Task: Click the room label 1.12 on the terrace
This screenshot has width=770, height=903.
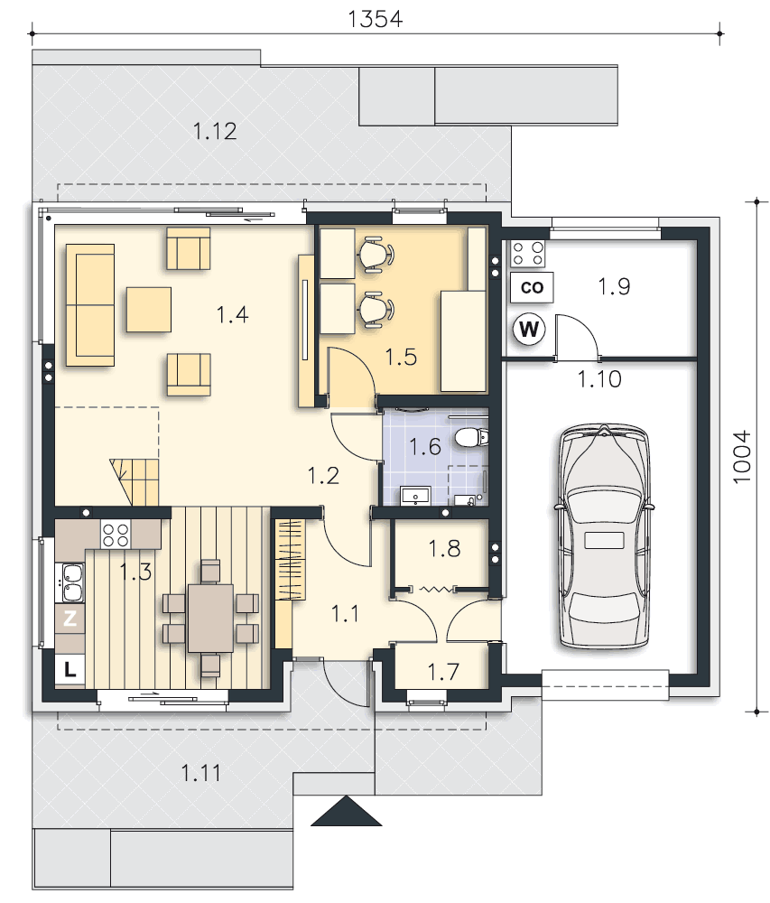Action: pyautogui.click(x=215, y=131)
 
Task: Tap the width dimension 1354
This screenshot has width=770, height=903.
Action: pyautogui.click(x=376, y=19)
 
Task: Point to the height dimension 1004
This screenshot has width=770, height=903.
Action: pyautogui.click(x=742, y=457)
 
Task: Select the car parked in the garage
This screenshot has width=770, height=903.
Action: pyautogui.click(x=604, y=535)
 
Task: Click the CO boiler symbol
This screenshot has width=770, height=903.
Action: pyautogui.click(x=532, y=287)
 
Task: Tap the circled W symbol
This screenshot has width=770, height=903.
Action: pyautogui.click(x=529, y=330)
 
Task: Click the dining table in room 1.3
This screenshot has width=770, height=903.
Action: pyautogui.click(x=210, y=618)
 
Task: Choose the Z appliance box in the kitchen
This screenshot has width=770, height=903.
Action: pyautogui.click(x=70, y=619)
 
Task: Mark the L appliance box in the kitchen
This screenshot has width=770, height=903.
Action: pyautogui.click(x=70, y=669)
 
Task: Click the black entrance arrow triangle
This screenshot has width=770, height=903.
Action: pyautogui.click(x=347, y=811)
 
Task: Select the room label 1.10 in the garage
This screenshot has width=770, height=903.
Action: pyautogui.click(x=599, y=379)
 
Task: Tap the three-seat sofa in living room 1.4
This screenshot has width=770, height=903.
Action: pyautogui.click(x=90, y=305)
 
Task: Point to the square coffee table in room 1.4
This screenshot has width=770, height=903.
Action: pyautogui.click(x=148, y=310)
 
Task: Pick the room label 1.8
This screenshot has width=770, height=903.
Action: pyautogui.click(x=444, y=549)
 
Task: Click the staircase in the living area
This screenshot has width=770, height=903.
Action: pyautogui.click(x=135, y=482)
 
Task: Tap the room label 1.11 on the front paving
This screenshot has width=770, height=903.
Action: pyautogui.click(x=200, y=773)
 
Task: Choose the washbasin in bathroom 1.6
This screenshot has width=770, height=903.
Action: pyautogui.click(x=415, y=496)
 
